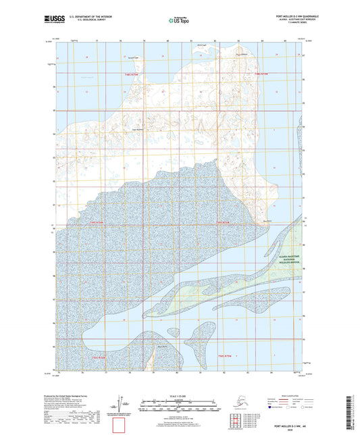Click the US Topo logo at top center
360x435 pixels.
pos(179,21)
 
